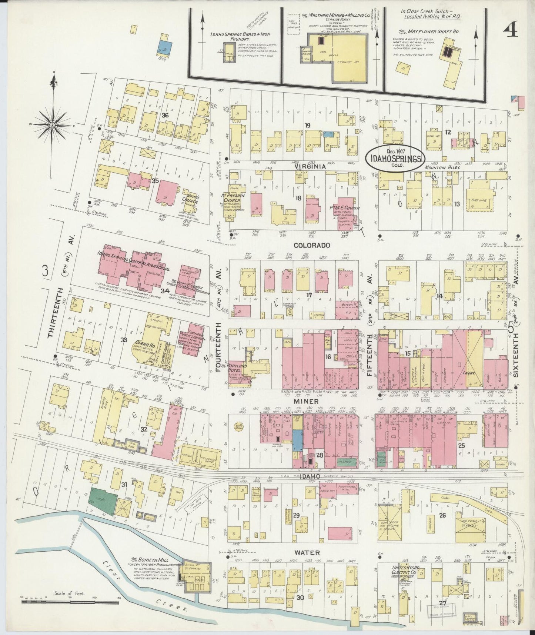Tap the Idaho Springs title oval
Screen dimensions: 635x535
395,159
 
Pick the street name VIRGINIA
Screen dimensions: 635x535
310,167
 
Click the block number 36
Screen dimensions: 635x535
165,115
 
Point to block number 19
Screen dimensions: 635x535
307,126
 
